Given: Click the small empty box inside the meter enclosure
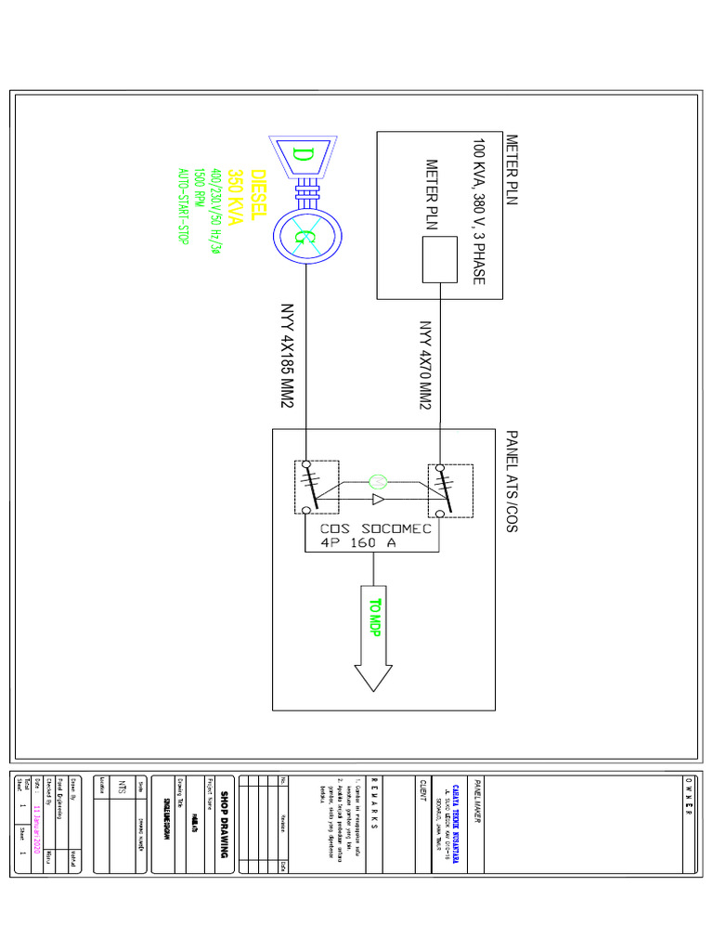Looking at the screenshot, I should click(x=440, y=260).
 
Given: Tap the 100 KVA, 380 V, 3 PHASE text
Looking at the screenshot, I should click(x=478, y=212).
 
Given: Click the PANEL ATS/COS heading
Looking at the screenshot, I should click(x=512, y=481).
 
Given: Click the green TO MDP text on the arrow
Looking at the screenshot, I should click(x=374, y=618).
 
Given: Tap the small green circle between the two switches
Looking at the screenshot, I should click(x=377, y=481).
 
